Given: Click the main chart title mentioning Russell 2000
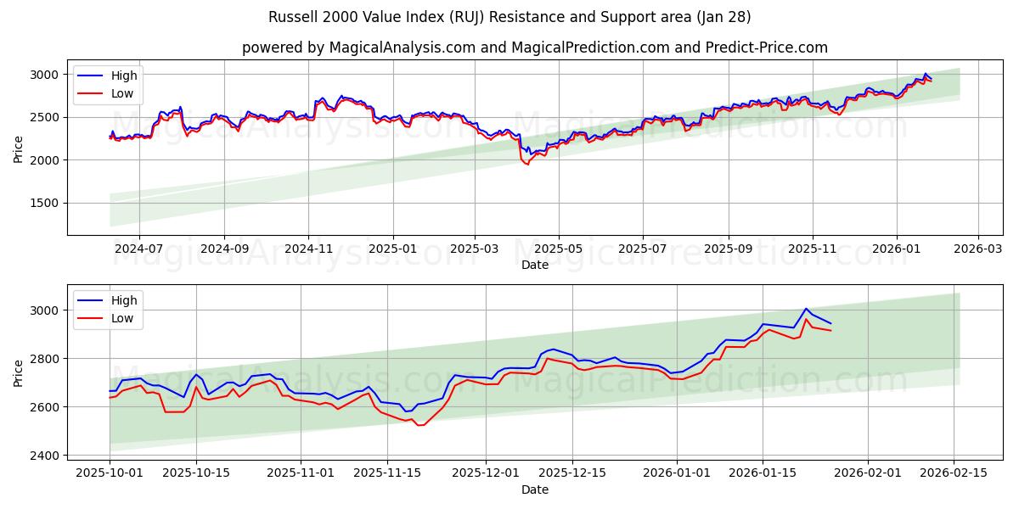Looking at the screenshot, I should click(509, 17).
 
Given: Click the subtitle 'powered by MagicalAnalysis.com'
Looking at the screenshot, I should click(535, 48).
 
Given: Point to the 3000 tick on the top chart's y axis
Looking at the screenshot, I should click(48, 75).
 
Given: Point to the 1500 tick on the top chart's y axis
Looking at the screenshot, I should click(48, 203).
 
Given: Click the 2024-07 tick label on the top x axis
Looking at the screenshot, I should click(138, 250).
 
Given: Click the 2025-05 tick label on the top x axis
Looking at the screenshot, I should click(559, 250).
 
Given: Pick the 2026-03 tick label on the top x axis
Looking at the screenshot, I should click(978, 250).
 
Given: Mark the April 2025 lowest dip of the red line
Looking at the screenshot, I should click(526, 164).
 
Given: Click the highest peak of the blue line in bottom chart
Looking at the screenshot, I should click(806, 309).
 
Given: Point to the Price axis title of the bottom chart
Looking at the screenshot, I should click(19, 372).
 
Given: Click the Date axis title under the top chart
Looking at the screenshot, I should click(534, 265).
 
